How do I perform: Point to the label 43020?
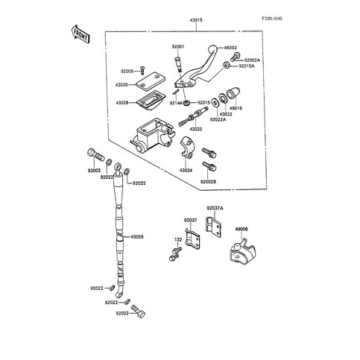point(196,129)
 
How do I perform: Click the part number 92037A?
point(215,209)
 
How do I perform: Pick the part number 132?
point(177,239)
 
